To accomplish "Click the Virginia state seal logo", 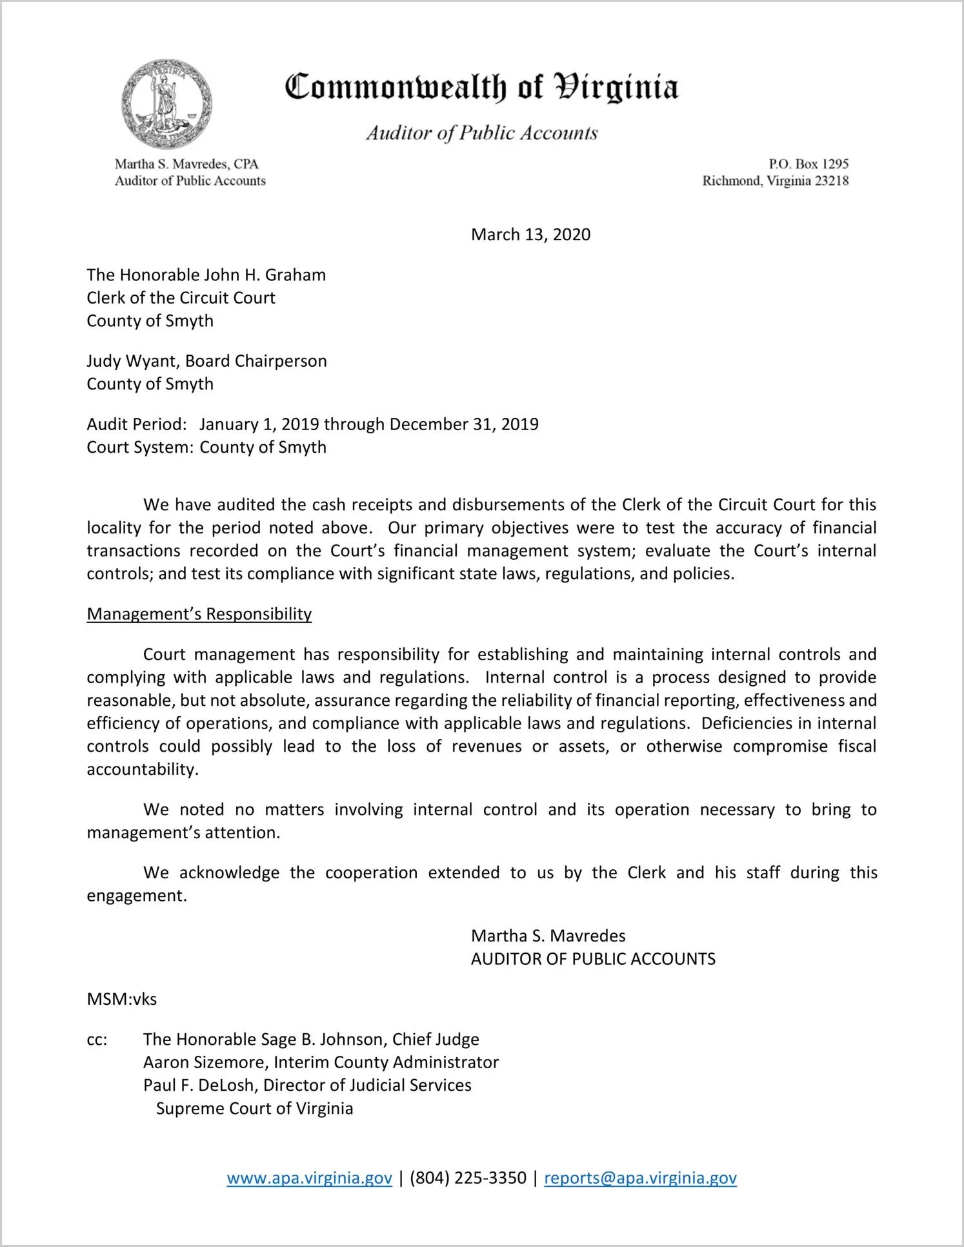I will (166, 103).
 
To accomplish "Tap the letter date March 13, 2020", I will (530, 234).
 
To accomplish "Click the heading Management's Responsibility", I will (199, 614).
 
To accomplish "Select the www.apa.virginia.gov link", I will (309, 1178).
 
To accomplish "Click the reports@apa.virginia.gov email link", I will (640, 1178).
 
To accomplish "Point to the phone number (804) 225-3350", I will (468, 1178).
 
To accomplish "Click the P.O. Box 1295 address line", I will (808, 164).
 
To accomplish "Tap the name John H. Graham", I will (265, 275).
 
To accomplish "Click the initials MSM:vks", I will (121, 999).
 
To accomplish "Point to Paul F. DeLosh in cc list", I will (199, 1085).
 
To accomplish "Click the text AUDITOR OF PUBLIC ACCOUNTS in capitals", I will (593, 959).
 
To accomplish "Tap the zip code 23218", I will (832, 181).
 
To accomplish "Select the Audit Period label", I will (136, 424).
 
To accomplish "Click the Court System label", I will (139, 448).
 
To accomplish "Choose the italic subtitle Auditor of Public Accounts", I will (482, 133).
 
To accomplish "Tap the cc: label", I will (97, 1040).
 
